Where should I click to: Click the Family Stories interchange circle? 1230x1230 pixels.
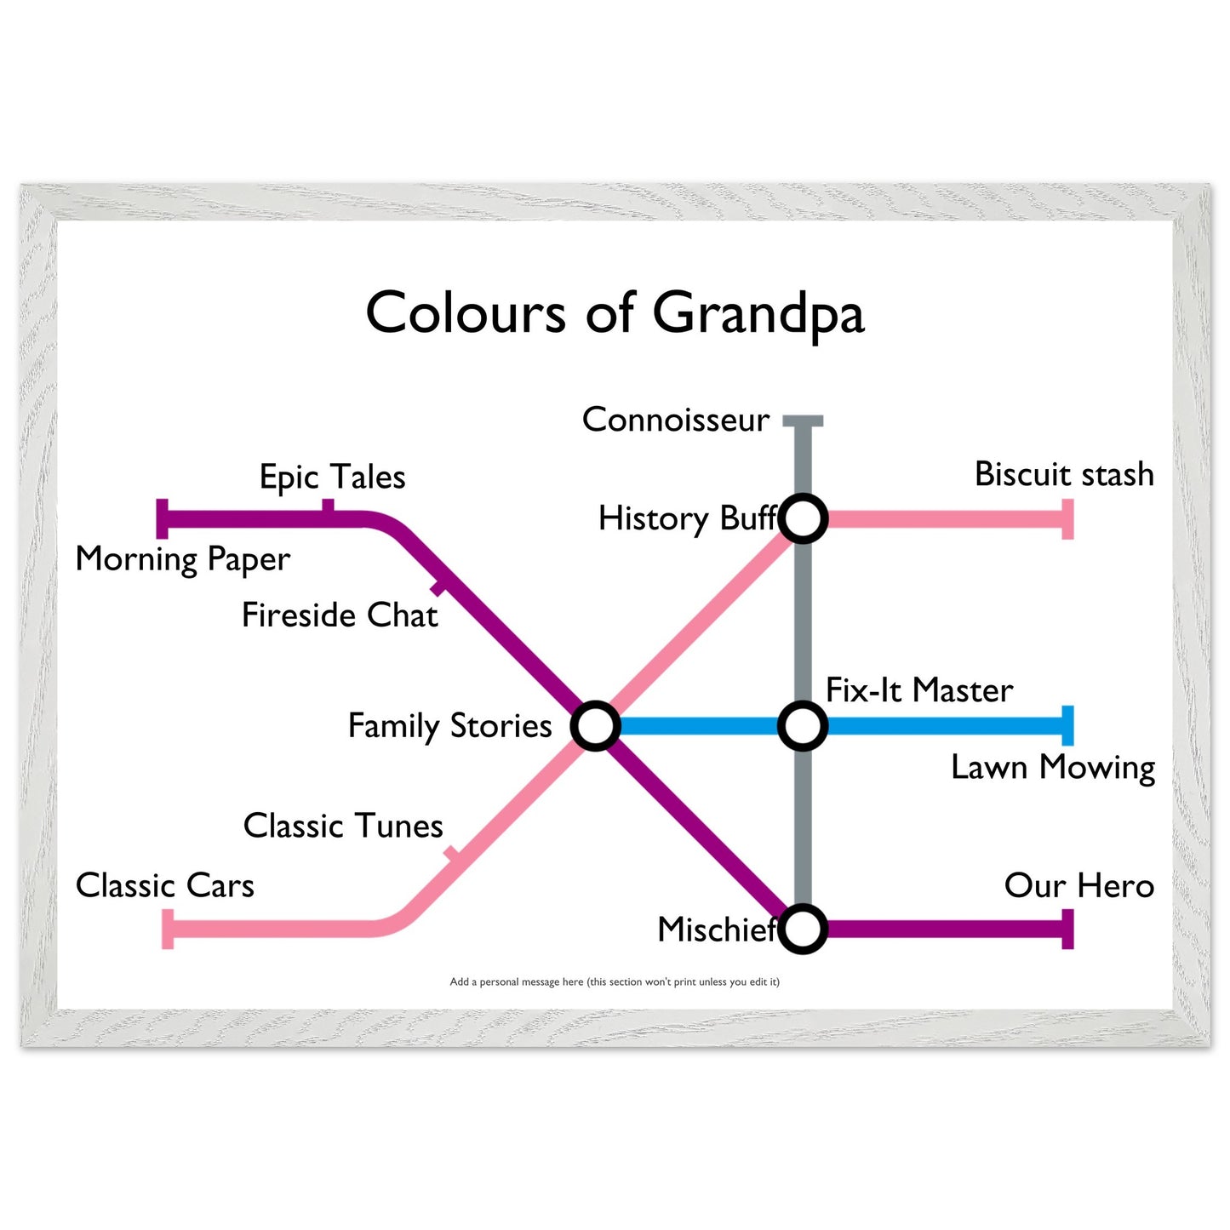(x=595, y=726)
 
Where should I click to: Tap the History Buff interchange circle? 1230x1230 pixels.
(x=803, y=518)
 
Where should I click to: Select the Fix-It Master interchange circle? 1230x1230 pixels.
(x=803, y=726)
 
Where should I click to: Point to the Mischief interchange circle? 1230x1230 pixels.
(x=803, y=929)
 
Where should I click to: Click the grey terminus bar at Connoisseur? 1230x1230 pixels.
(x=803, y=420)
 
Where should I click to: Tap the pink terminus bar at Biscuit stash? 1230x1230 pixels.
(x=1067, y=519)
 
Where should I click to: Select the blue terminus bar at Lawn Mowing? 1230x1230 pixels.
(x=1067, y=726)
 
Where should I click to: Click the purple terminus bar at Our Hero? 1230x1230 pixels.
(x=1067, y=929)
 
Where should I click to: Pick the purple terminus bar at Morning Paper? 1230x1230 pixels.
(x=162, y=519)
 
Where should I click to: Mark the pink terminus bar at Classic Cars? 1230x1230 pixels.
(x=168, y=929)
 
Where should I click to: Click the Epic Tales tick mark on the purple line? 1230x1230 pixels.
(x=328, y=506)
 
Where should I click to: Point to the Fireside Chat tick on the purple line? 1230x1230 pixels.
(x=438, y=587)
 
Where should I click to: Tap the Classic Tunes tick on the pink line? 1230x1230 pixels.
(x=452, y=854)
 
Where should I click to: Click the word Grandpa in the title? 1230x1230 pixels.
(x=758, y=314)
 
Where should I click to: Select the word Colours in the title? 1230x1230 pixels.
(x=466, y=312)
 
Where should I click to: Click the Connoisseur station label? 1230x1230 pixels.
(x=676, y=420)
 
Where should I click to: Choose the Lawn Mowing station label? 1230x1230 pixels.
(x=1053, y=767)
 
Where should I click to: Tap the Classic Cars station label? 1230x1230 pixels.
(x=164, y=885)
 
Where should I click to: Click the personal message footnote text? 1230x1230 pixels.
(x=615, y=981)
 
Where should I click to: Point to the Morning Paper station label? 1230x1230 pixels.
(x=182, y=559)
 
